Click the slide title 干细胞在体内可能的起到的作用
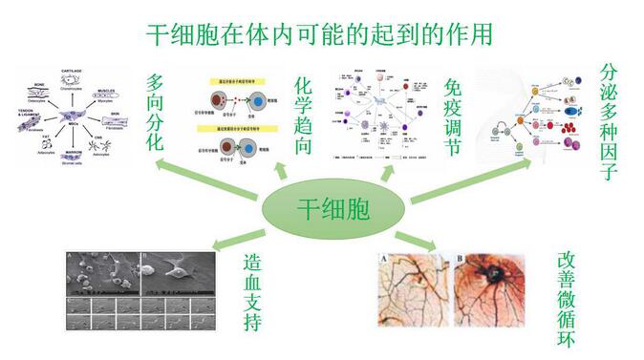321,35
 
